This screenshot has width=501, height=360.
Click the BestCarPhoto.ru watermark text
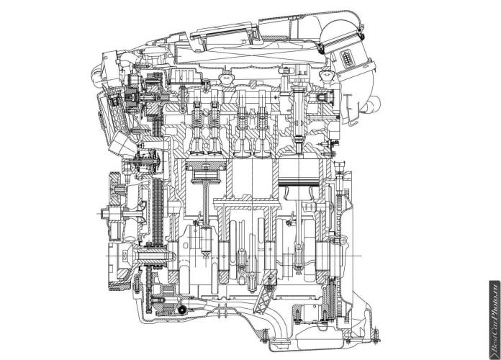tap(495, 320)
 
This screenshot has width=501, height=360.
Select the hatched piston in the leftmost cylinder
tap(206, 171)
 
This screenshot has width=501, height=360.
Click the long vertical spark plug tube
tap(299, 115)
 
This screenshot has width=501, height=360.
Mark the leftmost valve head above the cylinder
tap(197, 152)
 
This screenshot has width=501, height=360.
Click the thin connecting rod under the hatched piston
tap(206, 204)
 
